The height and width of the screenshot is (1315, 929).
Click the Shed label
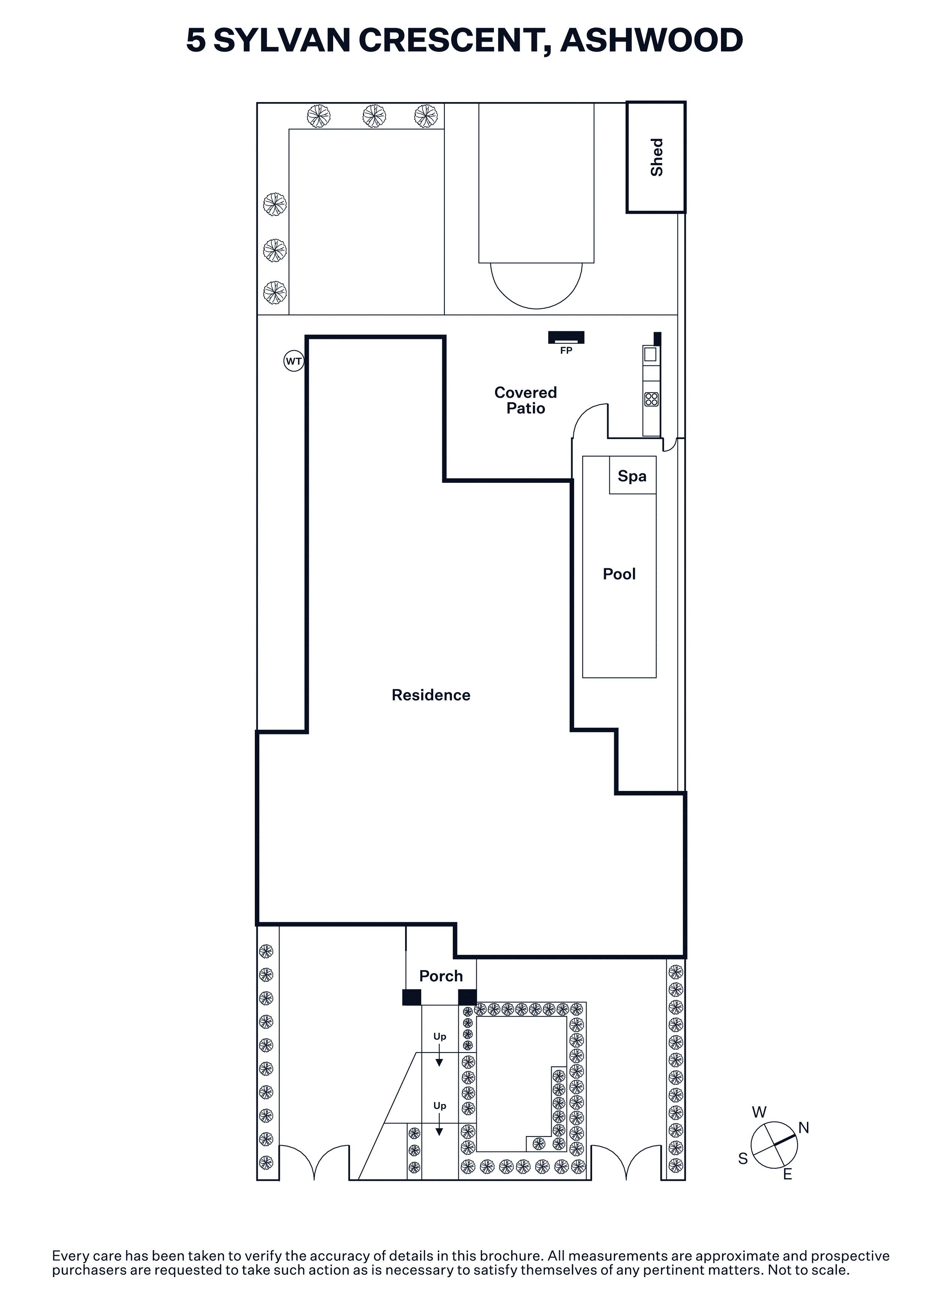click(657, 157)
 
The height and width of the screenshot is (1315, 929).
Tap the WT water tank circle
click(294, 361)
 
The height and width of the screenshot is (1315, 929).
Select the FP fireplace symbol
click(566, 337)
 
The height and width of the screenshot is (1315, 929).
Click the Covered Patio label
click(525, 400)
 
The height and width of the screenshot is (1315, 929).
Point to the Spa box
click(633, 475)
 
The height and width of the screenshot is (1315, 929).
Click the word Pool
click(619, 574)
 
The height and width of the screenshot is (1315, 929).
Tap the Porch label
click(441, 975)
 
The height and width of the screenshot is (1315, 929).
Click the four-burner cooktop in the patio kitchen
click(651, 399)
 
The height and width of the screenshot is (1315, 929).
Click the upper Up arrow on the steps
click(439, 1055)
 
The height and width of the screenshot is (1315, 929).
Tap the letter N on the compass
click(803, 1128)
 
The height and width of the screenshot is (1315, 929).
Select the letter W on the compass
click(759, 1112)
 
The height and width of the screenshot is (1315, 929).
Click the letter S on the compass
click(743, 1159)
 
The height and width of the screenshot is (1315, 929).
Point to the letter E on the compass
click(788, 1174)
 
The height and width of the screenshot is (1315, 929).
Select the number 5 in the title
click(196, 40)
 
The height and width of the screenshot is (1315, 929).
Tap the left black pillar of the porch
click(411, 997)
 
